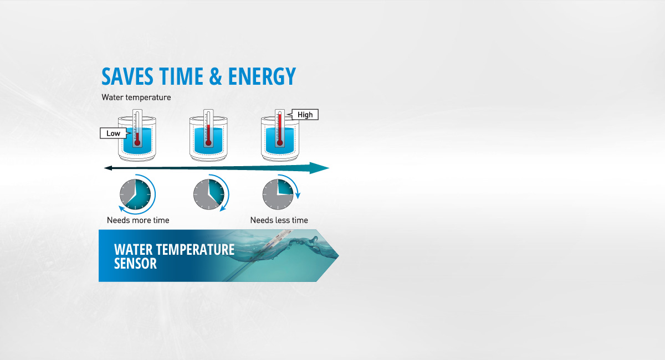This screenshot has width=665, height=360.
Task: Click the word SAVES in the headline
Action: [127, 76]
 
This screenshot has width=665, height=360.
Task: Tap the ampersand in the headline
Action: [215, 76]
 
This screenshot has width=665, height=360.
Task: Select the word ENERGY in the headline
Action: [262, 76]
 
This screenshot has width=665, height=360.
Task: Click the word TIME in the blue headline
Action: [181, 76]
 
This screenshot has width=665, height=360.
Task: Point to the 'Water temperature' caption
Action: [136, 97]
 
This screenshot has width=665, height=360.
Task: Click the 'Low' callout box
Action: [113, 133]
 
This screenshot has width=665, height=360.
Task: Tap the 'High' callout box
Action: [305, 115]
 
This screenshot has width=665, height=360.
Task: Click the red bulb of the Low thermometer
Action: [137, 143]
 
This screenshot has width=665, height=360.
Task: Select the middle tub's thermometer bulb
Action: [208, 143]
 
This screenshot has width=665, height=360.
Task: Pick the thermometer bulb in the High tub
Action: [280, 143]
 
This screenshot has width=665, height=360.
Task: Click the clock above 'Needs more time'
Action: [135, 194]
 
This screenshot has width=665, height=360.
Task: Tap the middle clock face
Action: [209, 194]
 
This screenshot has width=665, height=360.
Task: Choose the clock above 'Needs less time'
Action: [278, 194]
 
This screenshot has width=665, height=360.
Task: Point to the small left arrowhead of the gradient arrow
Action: [108, 168]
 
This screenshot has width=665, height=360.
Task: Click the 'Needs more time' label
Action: [138, 220]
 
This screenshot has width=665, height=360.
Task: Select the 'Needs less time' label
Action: [279, 220]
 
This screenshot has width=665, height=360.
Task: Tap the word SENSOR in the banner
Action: [135, 264]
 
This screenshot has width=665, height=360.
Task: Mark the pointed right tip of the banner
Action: [339, 255]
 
